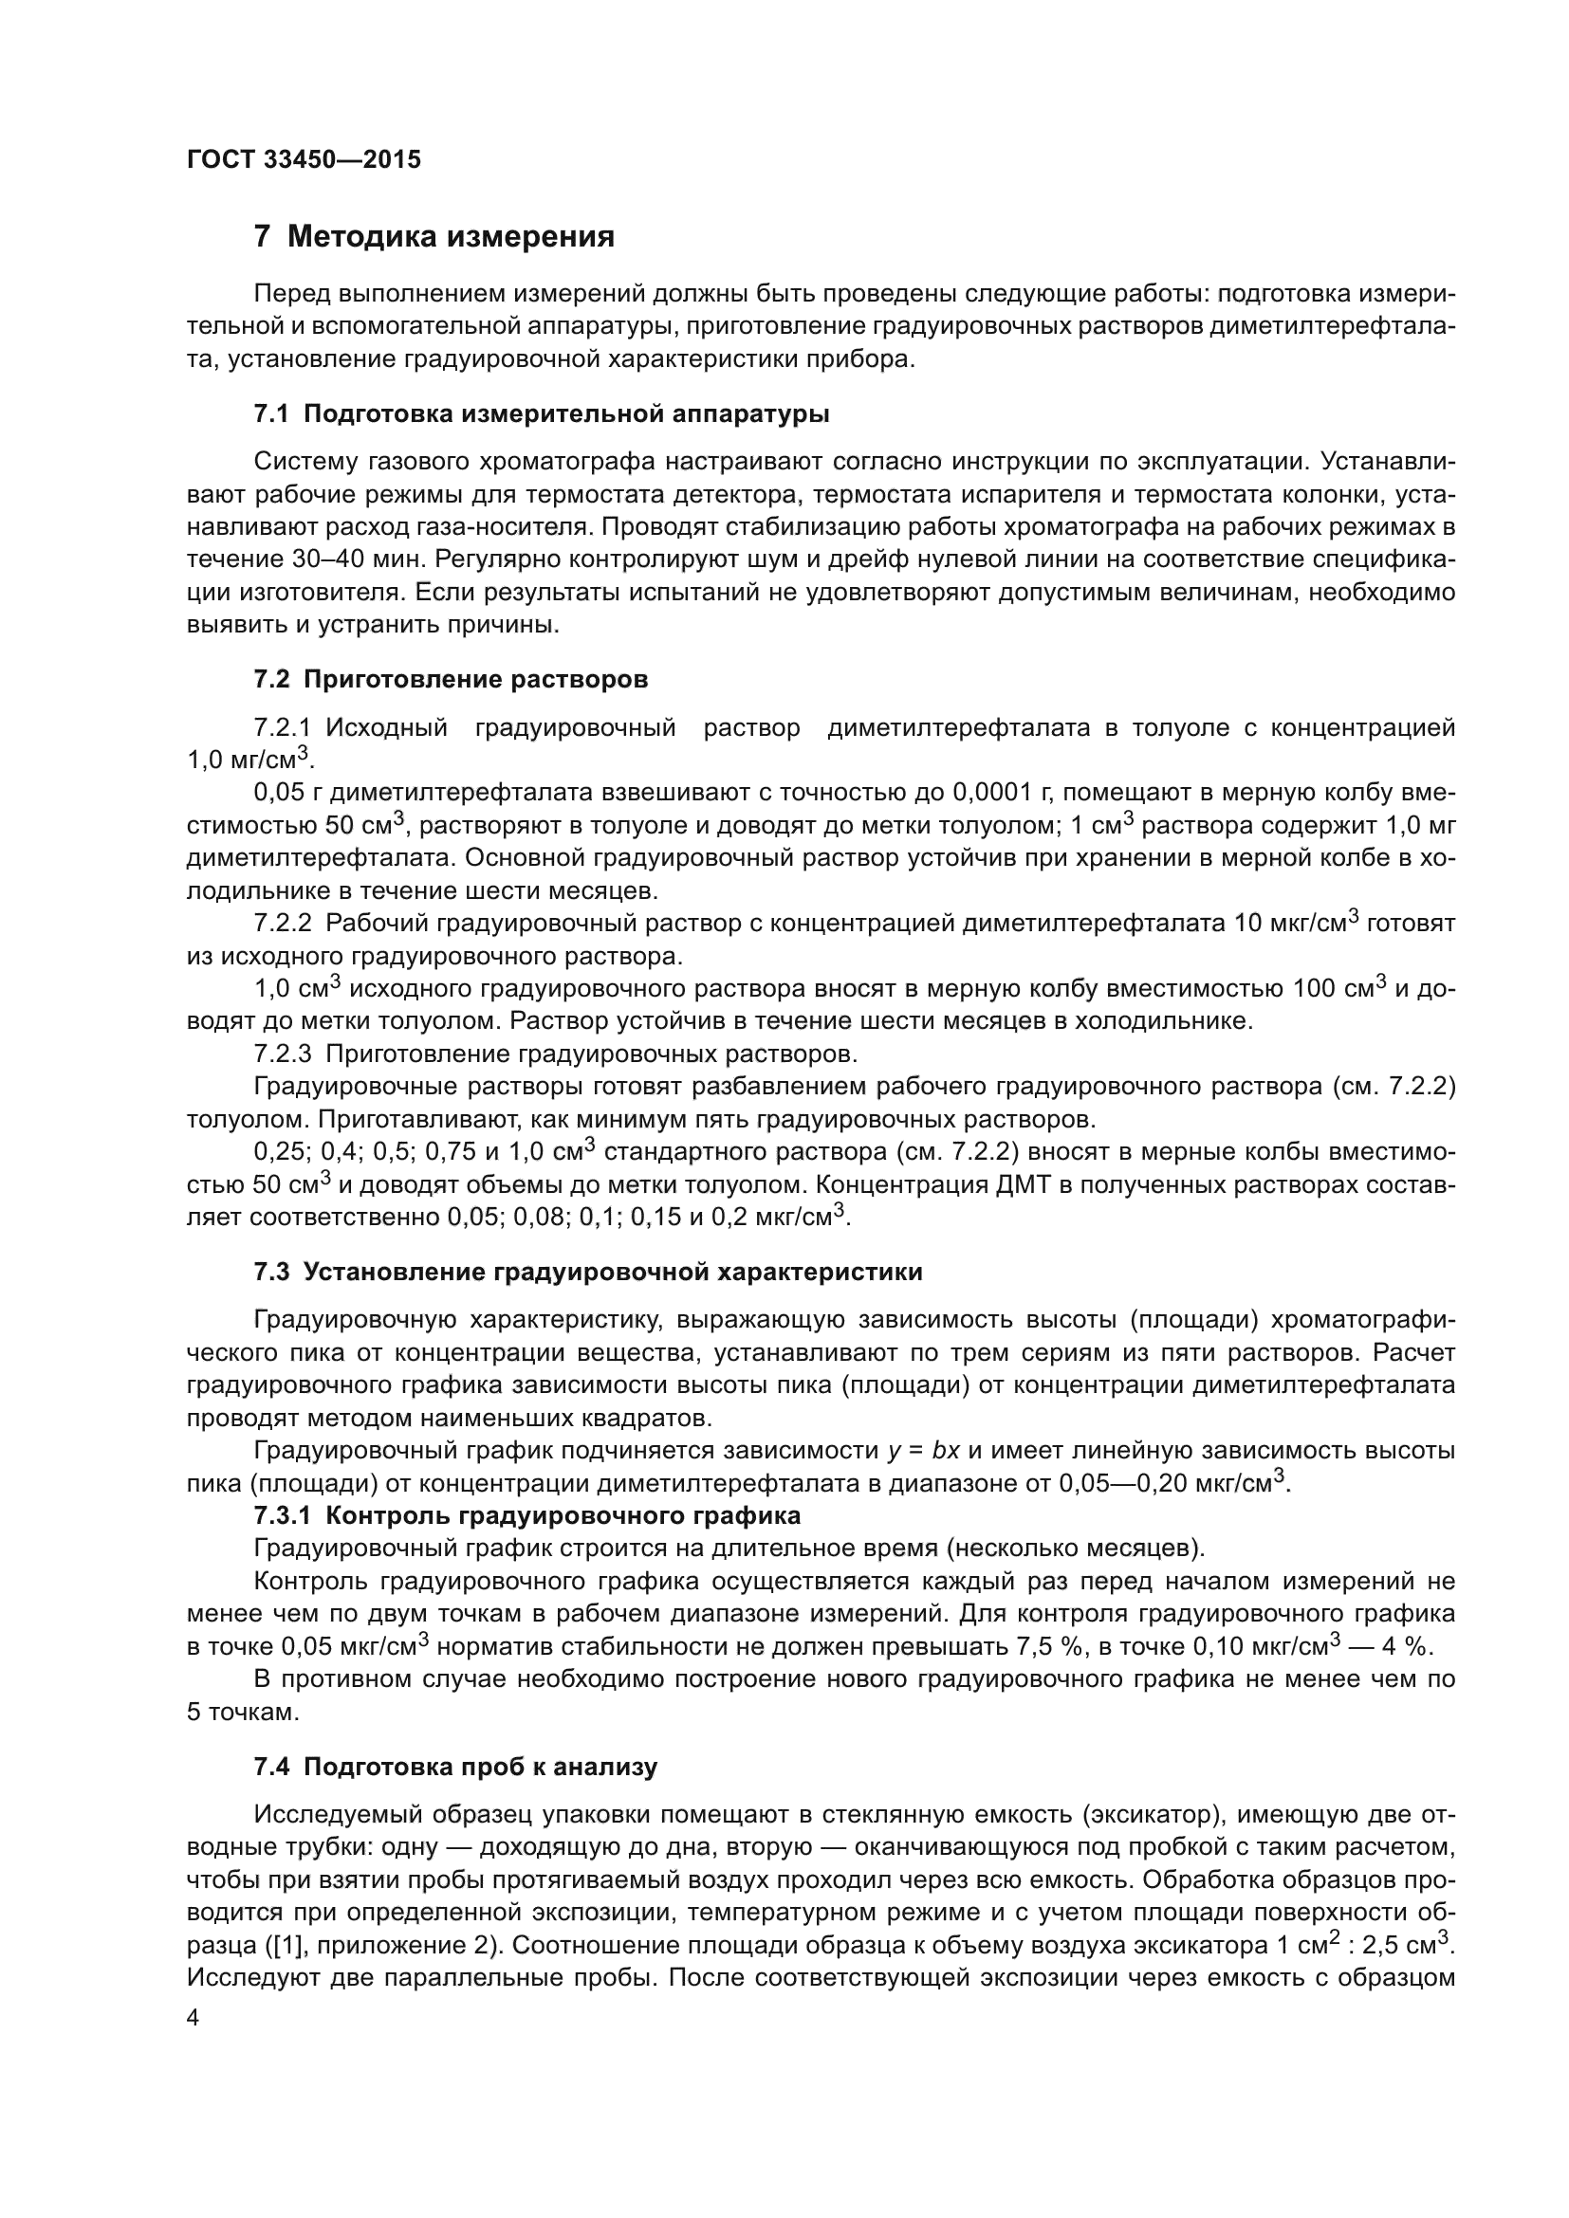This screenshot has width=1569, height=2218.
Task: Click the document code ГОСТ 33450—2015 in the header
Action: coord(304,160)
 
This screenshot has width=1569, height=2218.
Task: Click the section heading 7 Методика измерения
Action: coord(434,237)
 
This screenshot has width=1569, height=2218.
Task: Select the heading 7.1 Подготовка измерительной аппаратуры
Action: coord(541,414)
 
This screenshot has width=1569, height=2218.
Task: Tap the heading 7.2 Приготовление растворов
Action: coord(451,679)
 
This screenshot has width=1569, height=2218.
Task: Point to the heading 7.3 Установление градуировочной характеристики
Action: coord(587,1273)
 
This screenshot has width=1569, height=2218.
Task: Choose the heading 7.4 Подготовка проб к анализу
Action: coord(455,1767)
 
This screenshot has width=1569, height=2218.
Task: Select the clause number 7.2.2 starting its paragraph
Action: coord(283,924)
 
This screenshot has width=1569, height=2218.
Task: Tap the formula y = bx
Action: coord(924,1451)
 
